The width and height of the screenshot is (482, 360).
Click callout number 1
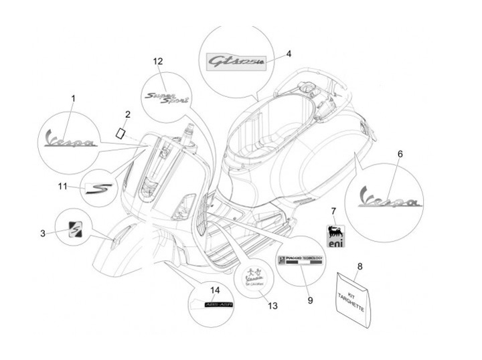click(x=73, y=98)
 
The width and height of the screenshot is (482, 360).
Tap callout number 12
click(x=158, y=62)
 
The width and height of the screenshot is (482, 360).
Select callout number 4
click(x=289, y=53)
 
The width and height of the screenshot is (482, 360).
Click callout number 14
click(x=215, y=290)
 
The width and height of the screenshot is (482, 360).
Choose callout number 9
click(x=310, y=300)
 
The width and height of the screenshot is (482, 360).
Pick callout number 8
click(x=359, y=266)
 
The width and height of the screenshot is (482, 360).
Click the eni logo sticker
click(x=334, y=236)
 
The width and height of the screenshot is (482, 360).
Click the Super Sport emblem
click(x=167, y=98)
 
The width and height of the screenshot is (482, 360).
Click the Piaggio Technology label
click(x=301, y=261)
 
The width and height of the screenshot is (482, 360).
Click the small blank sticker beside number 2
click(x=121, y=132)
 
